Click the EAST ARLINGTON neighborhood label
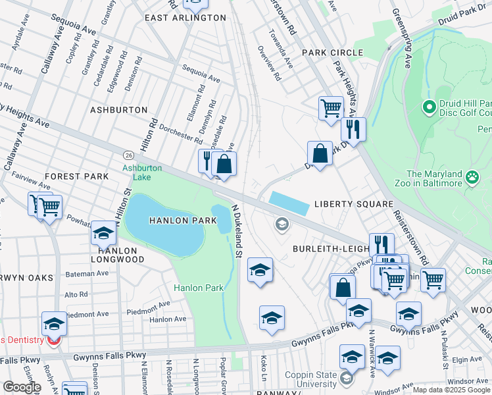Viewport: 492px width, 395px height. click(185, 18)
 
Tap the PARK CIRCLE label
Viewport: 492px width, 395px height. click(332, 53)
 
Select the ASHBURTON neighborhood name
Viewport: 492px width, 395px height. click(118, 109)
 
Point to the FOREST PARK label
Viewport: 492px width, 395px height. click(76, 176)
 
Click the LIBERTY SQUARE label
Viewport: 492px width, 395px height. click(353, 204)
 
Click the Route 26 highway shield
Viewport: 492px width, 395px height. click(128, 155)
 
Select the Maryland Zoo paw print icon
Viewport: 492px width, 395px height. click(472, 176)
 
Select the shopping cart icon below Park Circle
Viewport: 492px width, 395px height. click(331, 107)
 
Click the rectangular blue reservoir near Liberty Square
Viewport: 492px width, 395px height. click(288, 203)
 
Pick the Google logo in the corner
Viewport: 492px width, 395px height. click(22, 387)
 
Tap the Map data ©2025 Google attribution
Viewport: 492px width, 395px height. click(451, 390)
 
